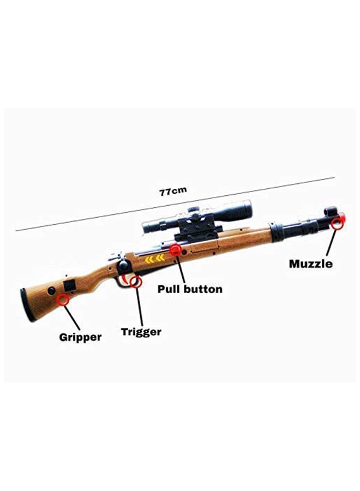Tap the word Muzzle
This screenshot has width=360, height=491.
click(x=310, y=264)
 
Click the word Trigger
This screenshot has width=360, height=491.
click(x=141, y=331)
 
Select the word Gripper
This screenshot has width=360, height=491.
click(x=80, y=337)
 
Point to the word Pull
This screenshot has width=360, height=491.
click(x=170, y=289)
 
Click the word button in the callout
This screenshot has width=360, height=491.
click(x=203, y=289)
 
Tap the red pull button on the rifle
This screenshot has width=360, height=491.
click(x=175, y=250)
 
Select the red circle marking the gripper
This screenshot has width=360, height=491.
click(x=64, y=299)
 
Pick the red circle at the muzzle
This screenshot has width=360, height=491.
click(x=340, y=221)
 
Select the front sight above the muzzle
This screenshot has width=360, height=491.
click(x=331, y=210)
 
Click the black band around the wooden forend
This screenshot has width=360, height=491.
click(x=278, y=232)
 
